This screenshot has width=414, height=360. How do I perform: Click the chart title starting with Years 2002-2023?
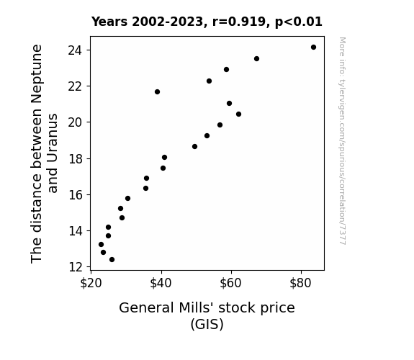pyautogui.click(x=207, y=22)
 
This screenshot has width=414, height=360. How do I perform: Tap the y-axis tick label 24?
pyautogui.click(x=75, y=50)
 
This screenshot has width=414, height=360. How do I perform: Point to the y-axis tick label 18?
pyautogui.click(x=75, y=158)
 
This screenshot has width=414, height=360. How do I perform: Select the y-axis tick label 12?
pyautogui.click(x=75, y=267)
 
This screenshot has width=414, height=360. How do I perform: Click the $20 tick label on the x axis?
pyautogui.click(x=91, y=283)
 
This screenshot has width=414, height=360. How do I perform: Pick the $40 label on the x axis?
pyautogui.click(x=161, y=283)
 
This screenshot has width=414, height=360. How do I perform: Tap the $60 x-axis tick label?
pyautogui.click(x=231, y=283)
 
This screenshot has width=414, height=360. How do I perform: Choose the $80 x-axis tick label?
pyautogui.click(x=301, y=283)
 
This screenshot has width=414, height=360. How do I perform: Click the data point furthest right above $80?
pyautogui.click(x=313, y=48)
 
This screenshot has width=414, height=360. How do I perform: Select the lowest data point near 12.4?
pyautogui.click(x=112, y=260)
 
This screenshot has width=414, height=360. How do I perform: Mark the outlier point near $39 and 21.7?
pyautogui.click(x=158, y=92)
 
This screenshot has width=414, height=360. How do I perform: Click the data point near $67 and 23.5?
pyautogui.click(x=256, y=58)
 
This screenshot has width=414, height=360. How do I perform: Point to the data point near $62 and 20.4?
pyautogui.click(x=239, y=114)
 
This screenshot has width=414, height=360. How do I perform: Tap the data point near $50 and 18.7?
pyautogui.click(x=194, y=147)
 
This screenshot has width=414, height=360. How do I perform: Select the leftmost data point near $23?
pyautogui.click(x=101, y=245)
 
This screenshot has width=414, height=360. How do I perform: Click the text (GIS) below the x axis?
pyautogui.click(x=207, y=324)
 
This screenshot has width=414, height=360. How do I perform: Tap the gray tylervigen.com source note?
pyautogui.click(x=342, y=141)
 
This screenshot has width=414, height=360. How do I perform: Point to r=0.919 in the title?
pyautogui.click(x=239, y=22)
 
